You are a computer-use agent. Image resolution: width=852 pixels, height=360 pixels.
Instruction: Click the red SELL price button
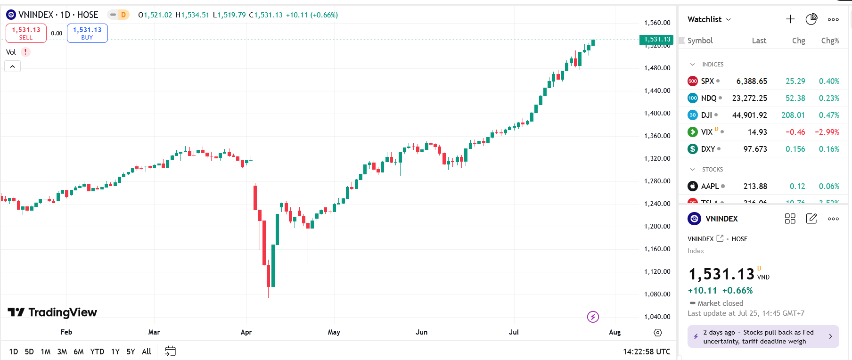click(x=26, y=33)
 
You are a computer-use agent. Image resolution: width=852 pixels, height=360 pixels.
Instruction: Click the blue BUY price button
click(x=87, y=33)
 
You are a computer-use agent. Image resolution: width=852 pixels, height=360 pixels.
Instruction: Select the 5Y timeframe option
click(x=131, y=352)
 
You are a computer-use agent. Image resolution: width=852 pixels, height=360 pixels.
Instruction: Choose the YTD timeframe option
click(x=97, y=352)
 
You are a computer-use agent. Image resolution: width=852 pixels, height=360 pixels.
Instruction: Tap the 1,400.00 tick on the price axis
click(x=657, y=113)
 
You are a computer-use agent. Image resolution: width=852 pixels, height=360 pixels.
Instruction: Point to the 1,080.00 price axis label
click(x=657, y=294)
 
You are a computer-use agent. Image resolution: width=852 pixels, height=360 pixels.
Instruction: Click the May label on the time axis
click(x=334, y=332)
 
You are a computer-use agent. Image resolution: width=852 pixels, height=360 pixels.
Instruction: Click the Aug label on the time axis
click(x=614, y=332)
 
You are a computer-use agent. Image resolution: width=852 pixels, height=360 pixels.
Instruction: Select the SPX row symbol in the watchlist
click(x=707, y=81)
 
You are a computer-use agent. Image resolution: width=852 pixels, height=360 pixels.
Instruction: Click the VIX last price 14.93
click(x=757, y=132)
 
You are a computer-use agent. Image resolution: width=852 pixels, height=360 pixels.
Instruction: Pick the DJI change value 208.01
click(x=793, y=115)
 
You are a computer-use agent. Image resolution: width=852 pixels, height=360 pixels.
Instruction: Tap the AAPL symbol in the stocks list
click(x=710, y=186)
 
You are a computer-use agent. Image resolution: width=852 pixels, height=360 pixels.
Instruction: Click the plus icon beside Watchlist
click(x=790, y=19)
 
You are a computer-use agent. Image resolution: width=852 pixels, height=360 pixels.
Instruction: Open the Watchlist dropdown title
click(x=709, y=19)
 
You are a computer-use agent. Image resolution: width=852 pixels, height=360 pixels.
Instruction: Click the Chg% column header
click(x=830, y=41)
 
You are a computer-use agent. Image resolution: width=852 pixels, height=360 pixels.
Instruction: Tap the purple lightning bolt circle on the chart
click(x=593, y=317)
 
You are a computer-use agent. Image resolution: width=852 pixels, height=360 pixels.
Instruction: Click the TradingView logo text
click(x=53, y=312)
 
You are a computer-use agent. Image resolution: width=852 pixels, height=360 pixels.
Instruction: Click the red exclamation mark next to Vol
click(x=25, y=52)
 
